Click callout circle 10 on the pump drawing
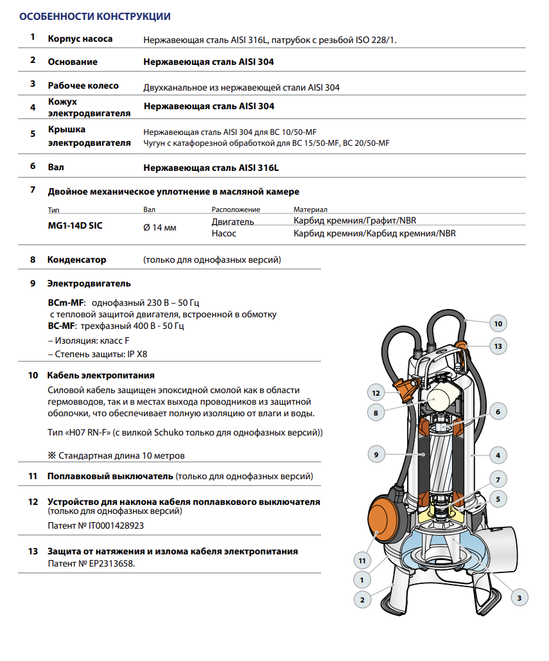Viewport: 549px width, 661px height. (498, 323)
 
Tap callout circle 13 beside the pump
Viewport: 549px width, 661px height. (498, 346)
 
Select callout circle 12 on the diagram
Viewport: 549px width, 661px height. (376, 392)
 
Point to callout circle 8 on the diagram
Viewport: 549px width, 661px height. (376, 413)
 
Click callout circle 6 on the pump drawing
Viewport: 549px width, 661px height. (498, 411)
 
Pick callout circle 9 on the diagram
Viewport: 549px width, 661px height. (376, 455)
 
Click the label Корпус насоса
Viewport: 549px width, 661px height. (80, 39)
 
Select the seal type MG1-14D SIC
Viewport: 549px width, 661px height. (75, 225)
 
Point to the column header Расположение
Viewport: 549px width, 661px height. (236, 209)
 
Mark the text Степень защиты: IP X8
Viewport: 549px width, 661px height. (101, 354)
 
